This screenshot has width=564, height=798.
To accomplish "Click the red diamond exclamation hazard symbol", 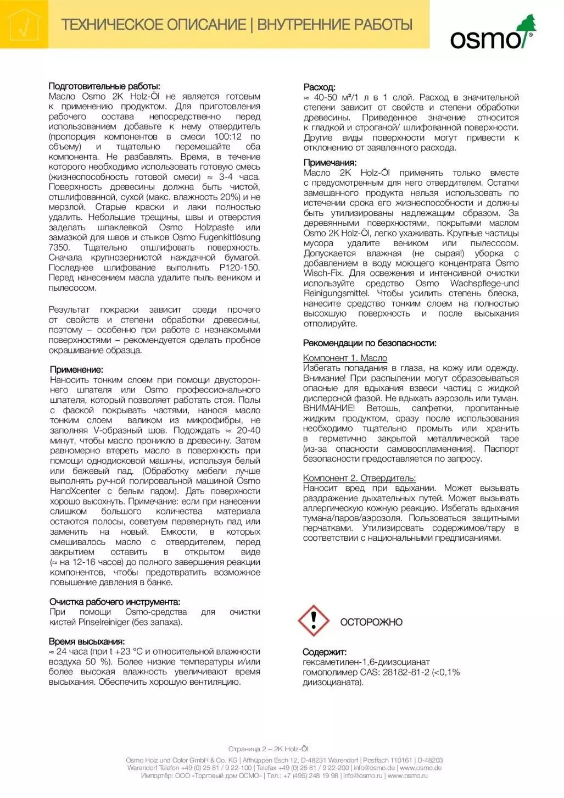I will coord(314,621).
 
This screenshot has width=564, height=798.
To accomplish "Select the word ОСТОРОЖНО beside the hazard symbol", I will coord(371,622).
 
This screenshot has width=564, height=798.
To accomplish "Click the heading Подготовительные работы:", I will coord(104,86).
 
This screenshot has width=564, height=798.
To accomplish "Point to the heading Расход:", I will coord(319,87).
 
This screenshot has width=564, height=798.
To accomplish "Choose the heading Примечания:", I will coord(330,163).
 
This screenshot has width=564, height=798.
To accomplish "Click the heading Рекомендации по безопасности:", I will coord(370,343).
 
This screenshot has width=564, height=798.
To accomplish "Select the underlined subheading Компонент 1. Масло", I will coord(345,358).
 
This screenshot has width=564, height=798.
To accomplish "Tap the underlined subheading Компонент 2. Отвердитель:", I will coord(359,478).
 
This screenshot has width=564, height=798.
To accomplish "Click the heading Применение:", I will coord(76,370).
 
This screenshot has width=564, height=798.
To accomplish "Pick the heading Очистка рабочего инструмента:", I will coord(115,602).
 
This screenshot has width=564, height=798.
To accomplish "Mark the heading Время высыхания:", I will coord(87,641).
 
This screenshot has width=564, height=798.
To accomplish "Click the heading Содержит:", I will coord(325,652).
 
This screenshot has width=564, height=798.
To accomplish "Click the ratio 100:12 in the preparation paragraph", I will coord(227,137).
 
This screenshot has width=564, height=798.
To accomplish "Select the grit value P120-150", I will coord(239,268).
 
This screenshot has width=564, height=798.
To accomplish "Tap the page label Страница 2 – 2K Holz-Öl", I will coord(268,749).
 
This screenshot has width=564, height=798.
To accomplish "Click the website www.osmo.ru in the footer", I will coord(407,775).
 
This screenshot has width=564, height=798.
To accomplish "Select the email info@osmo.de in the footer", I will coord(374,768).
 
